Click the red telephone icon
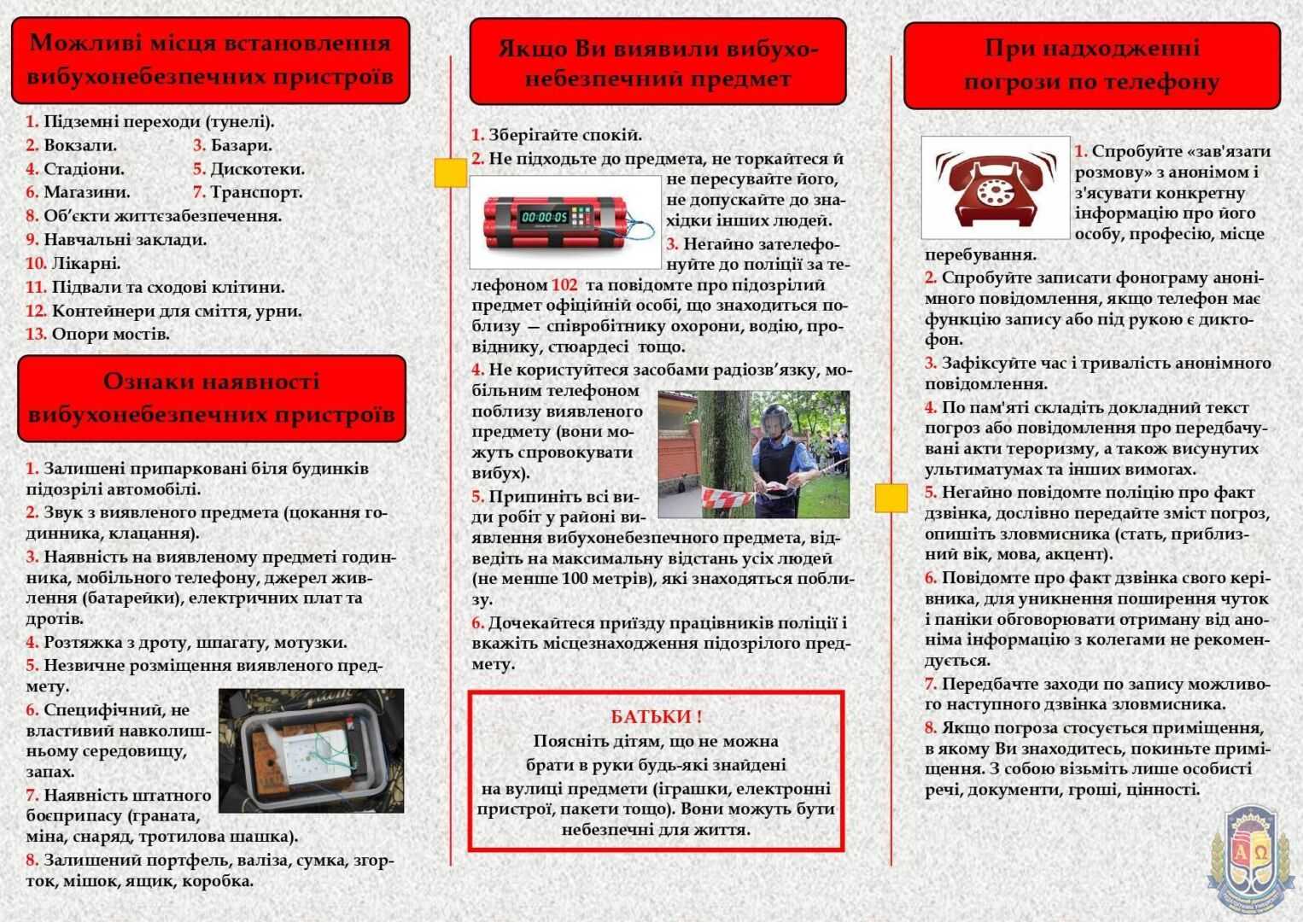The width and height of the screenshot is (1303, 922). point(995,187)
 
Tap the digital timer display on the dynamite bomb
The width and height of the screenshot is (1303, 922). point(545,217)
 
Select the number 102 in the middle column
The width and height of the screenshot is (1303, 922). point(564,285)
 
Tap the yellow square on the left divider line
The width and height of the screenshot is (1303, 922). point(450,172)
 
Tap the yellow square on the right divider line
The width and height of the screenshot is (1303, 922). point(891,498)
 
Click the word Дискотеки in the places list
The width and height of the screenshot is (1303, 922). point(257,169)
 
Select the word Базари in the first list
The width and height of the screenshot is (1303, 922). point(241,145)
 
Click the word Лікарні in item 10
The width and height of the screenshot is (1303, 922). point(86,263)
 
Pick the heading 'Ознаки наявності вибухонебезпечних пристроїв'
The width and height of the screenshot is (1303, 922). point(212,398)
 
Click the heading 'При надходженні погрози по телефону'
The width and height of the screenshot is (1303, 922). point(1091,65)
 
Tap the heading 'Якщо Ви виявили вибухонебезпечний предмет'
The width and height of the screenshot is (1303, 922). point(657,63)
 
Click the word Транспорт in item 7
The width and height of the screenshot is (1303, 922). point(256,192)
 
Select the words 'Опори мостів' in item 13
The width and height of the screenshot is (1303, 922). point(111,334)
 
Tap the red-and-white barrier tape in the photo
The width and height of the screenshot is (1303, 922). point(727,499)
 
